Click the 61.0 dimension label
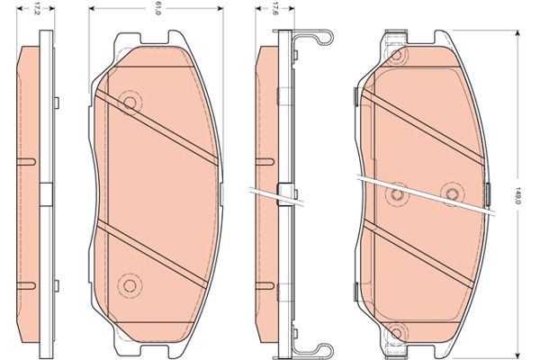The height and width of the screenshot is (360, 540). pyautogui.click(x=158, y=9)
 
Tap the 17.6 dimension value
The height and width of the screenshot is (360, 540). pyautogui.click(x=275, y=9)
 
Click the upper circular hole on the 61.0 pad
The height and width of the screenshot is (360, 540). pyautogui.click(x=130, y=103)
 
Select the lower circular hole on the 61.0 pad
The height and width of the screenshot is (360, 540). pyautogui.click(x=130, y=285)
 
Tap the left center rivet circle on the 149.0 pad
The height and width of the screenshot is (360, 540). pyautogui.click(x=397, y=195)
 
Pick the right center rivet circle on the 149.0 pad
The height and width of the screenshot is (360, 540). pyautogui.click(x=452, y=194)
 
